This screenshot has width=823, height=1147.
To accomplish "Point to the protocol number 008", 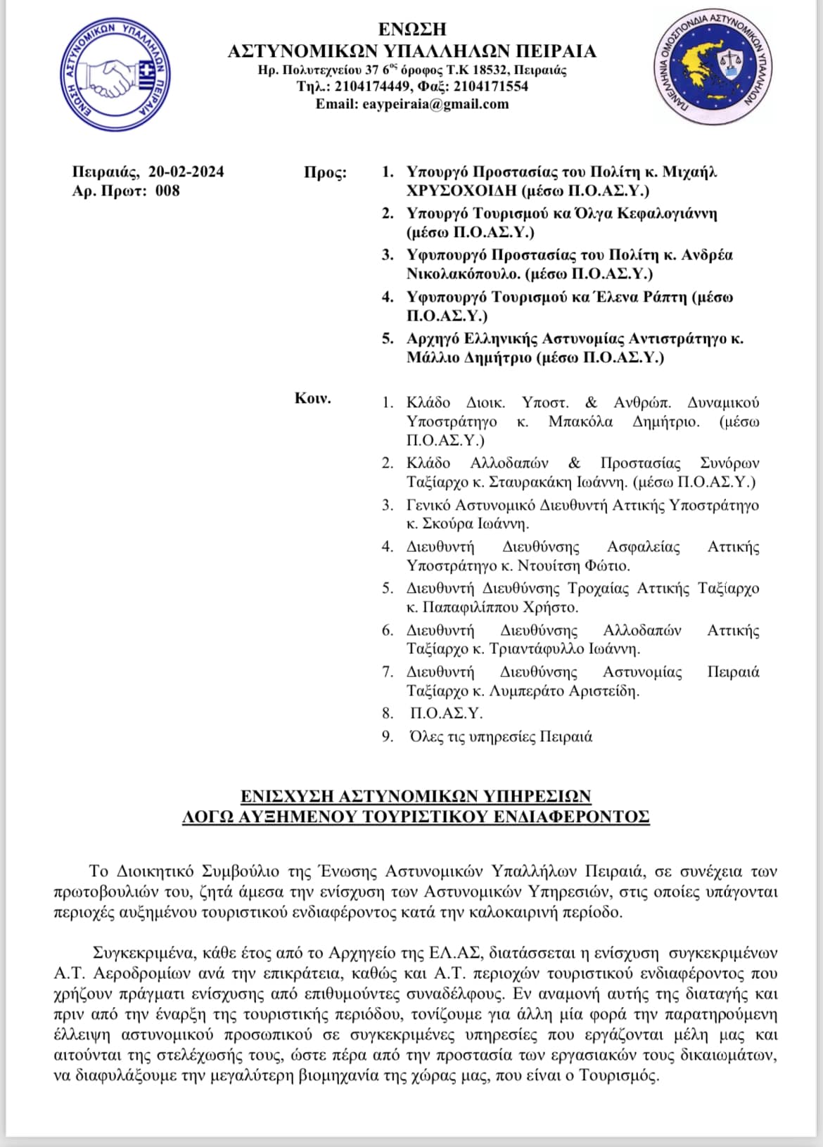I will (x=167, y=191).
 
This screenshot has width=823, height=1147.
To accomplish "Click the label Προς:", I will (x=325, y=172).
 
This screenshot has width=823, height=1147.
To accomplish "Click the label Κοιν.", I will (x=312, y=399).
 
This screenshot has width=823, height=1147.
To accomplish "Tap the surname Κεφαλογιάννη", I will (x=666, y=213).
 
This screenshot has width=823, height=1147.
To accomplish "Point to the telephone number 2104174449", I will (x=374, y=86).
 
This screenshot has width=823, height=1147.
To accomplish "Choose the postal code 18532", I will (x=490, y=70).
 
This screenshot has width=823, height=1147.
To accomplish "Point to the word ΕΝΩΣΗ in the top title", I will (x=412, y=29).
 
